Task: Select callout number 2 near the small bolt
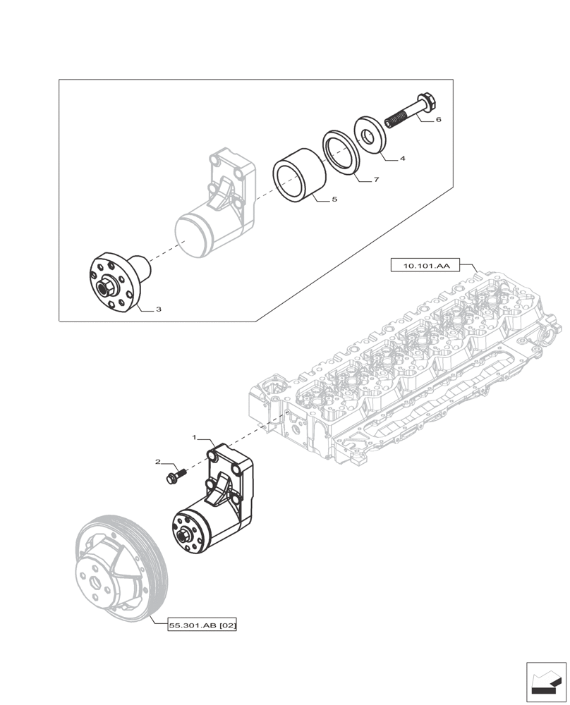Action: pyautogui.click(x=159, y=462)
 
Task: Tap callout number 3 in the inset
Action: pyautogui.click(x=159, y=309)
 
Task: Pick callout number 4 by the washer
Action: pyautogui.click(x=402, y=159)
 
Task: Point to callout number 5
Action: pyautogui.click(x=334, y=200)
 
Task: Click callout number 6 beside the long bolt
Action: pyautogui.click(x=438, y=120)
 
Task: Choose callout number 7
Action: pyautogui.click(x=377, y=180)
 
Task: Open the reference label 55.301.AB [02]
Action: pyautogui.click(x=202, y=625)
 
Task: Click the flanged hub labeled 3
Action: pyautogui.click(x=116, y=283)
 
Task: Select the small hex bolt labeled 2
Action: pyautogui.click(x=173, y=477)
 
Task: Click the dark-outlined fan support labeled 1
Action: pyautogui.click(x=219, y=504)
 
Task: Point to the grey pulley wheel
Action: pyautogui.click(x=120, y=571)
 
